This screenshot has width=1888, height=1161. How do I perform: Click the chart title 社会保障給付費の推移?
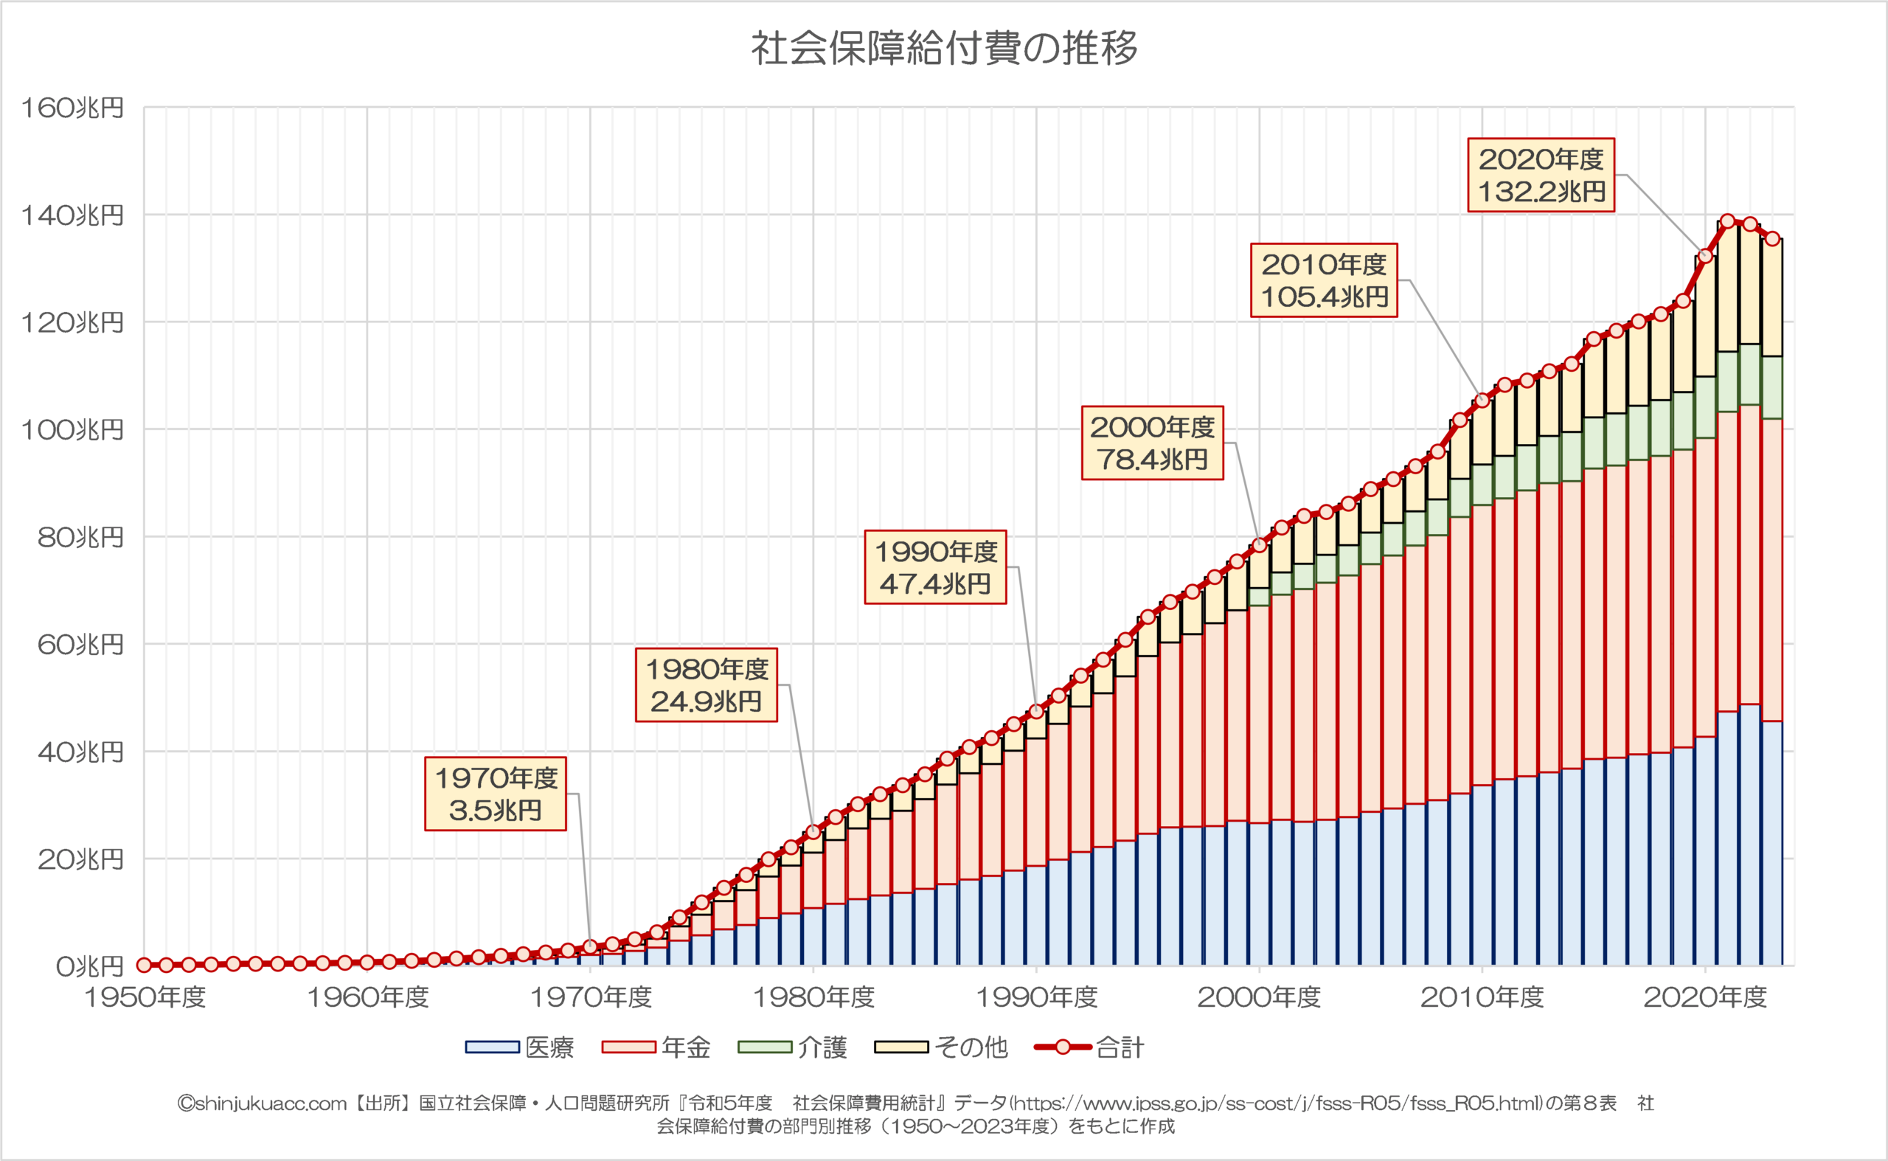(x=943, y=49)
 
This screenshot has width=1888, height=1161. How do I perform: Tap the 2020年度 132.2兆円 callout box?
(x=1540, y=175)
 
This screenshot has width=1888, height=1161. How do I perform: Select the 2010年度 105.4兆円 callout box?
(x=1324, y=280)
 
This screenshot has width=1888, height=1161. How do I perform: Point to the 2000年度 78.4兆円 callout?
(x=1152, y=443)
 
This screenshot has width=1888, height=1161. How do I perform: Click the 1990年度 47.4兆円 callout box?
(x=935, y=567)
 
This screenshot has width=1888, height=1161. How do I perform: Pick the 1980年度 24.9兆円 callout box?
(x=706, y=685)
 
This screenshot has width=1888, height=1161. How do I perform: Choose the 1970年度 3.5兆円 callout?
(x=495, y=794)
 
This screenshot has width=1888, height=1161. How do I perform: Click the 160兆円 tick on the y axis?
(x=72, y=108)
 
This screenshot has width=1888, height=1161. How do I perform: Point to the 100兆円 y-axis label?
(x=72, y=430)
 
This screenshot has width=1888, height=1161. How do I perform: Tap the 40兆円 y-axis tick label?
(x=80, y=752)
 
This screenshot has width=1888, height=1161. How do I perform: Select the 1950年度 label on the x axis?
(x=145, y=997)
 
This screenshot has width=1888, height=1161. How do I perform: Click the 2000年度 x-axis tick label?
(x=1258, y=997)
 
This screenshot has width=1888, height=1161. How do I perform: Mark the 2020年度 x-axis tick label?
(x=1704, y=997)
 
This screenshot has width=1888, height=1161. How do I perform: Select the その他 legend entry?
(x=940, y=1047)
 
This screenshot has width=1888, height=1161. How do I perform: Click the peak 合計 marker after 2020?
(x=1727, y=221)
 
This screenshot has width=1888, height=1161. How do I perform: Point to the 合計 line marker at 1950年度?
(x=144, y=965)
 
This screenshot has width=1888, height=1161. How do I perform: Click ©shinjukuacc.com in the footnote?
(x=262, y=1103)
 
